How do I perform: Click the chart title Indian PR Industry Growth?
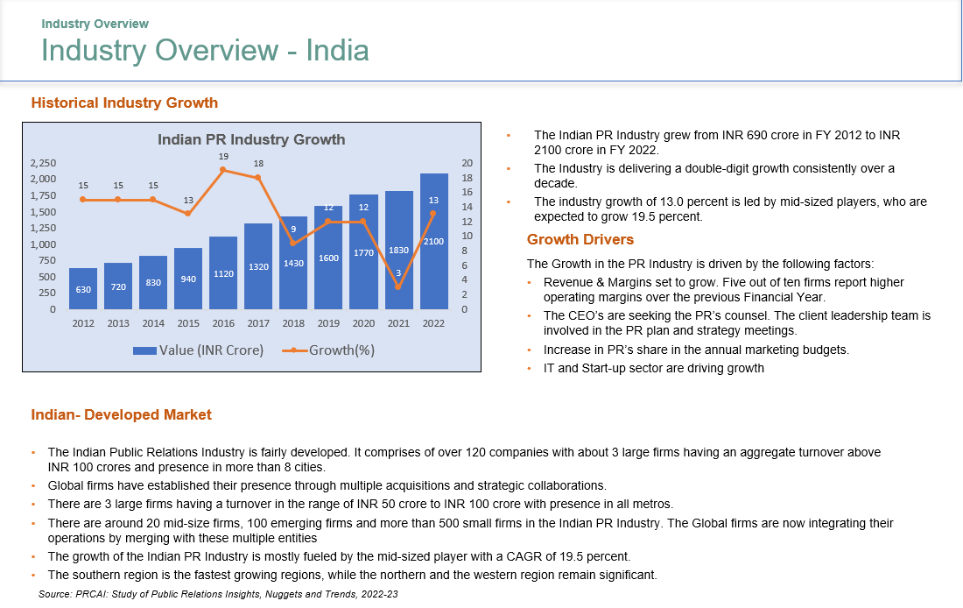tap(251, 139)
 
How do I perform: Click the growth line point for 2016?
tap(223, 170)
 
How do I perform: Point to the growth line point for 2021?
tap(398, 286)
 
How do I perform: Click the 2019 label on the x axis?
tap(328, 323)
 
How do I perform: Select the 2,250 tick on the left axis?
tap(43, 163)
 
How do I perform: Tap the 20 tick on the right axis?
tap(467, 163)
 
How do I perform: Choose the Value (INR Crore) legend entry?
tap(200, 350)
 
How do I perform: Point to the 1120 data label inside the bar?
tap(223, 274)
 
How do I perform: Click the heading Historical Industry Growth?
tap(124, 103)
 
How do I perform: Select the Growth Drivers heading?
tap(580, 239)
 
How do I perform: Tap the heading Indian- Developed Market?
tap(121, 414)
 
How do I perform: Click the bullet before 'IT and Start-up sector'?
tap(530, 369)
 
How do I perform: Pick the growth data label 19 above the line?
tap(223, 156)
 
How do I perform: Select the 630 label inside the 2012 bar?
tap(83, 289)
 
